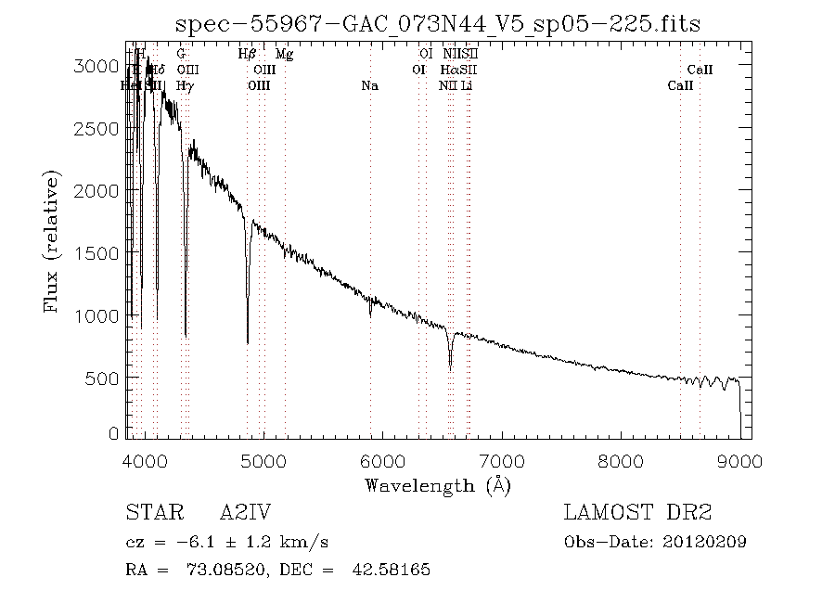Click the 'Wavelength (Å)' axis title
coord(437,484)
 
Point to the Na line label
coord(369,85)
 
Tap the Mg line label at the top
coord(285,55)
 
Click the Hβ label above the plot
coord(247,55)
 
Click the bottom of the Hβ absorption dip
coord(248,342)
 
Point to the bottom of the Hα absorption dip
coord(450,369)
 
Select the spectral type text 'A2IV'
coord(245,513)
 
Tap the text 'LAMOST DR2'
coord(636,513)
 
